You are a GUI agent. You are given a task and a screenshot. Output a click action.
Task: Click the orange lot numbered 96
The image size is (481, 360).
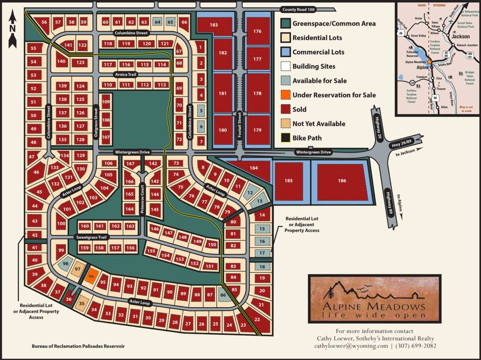click(92, 276)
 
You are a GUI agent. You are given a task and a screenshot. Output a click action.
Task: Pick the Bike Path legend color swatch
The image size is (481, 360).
click(285, 138)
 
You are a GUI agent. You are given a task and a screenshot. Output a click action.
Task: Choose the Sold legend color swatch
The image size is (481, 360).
click(285, 109)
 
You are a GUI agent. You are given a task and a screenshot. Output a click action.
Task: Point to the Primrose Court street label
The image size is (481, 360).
click(143, 201)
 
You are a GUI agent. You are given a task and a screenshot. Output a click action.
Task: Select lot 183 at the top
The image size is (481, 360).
click(214, 25)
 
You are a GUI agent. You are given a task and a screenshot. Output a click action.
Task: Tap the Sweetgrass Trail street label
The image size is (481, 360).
click(92, 237)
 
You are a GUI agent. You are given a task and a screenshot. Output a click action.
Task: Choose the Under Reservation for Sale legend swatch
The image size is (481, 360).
click(285, 95)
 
